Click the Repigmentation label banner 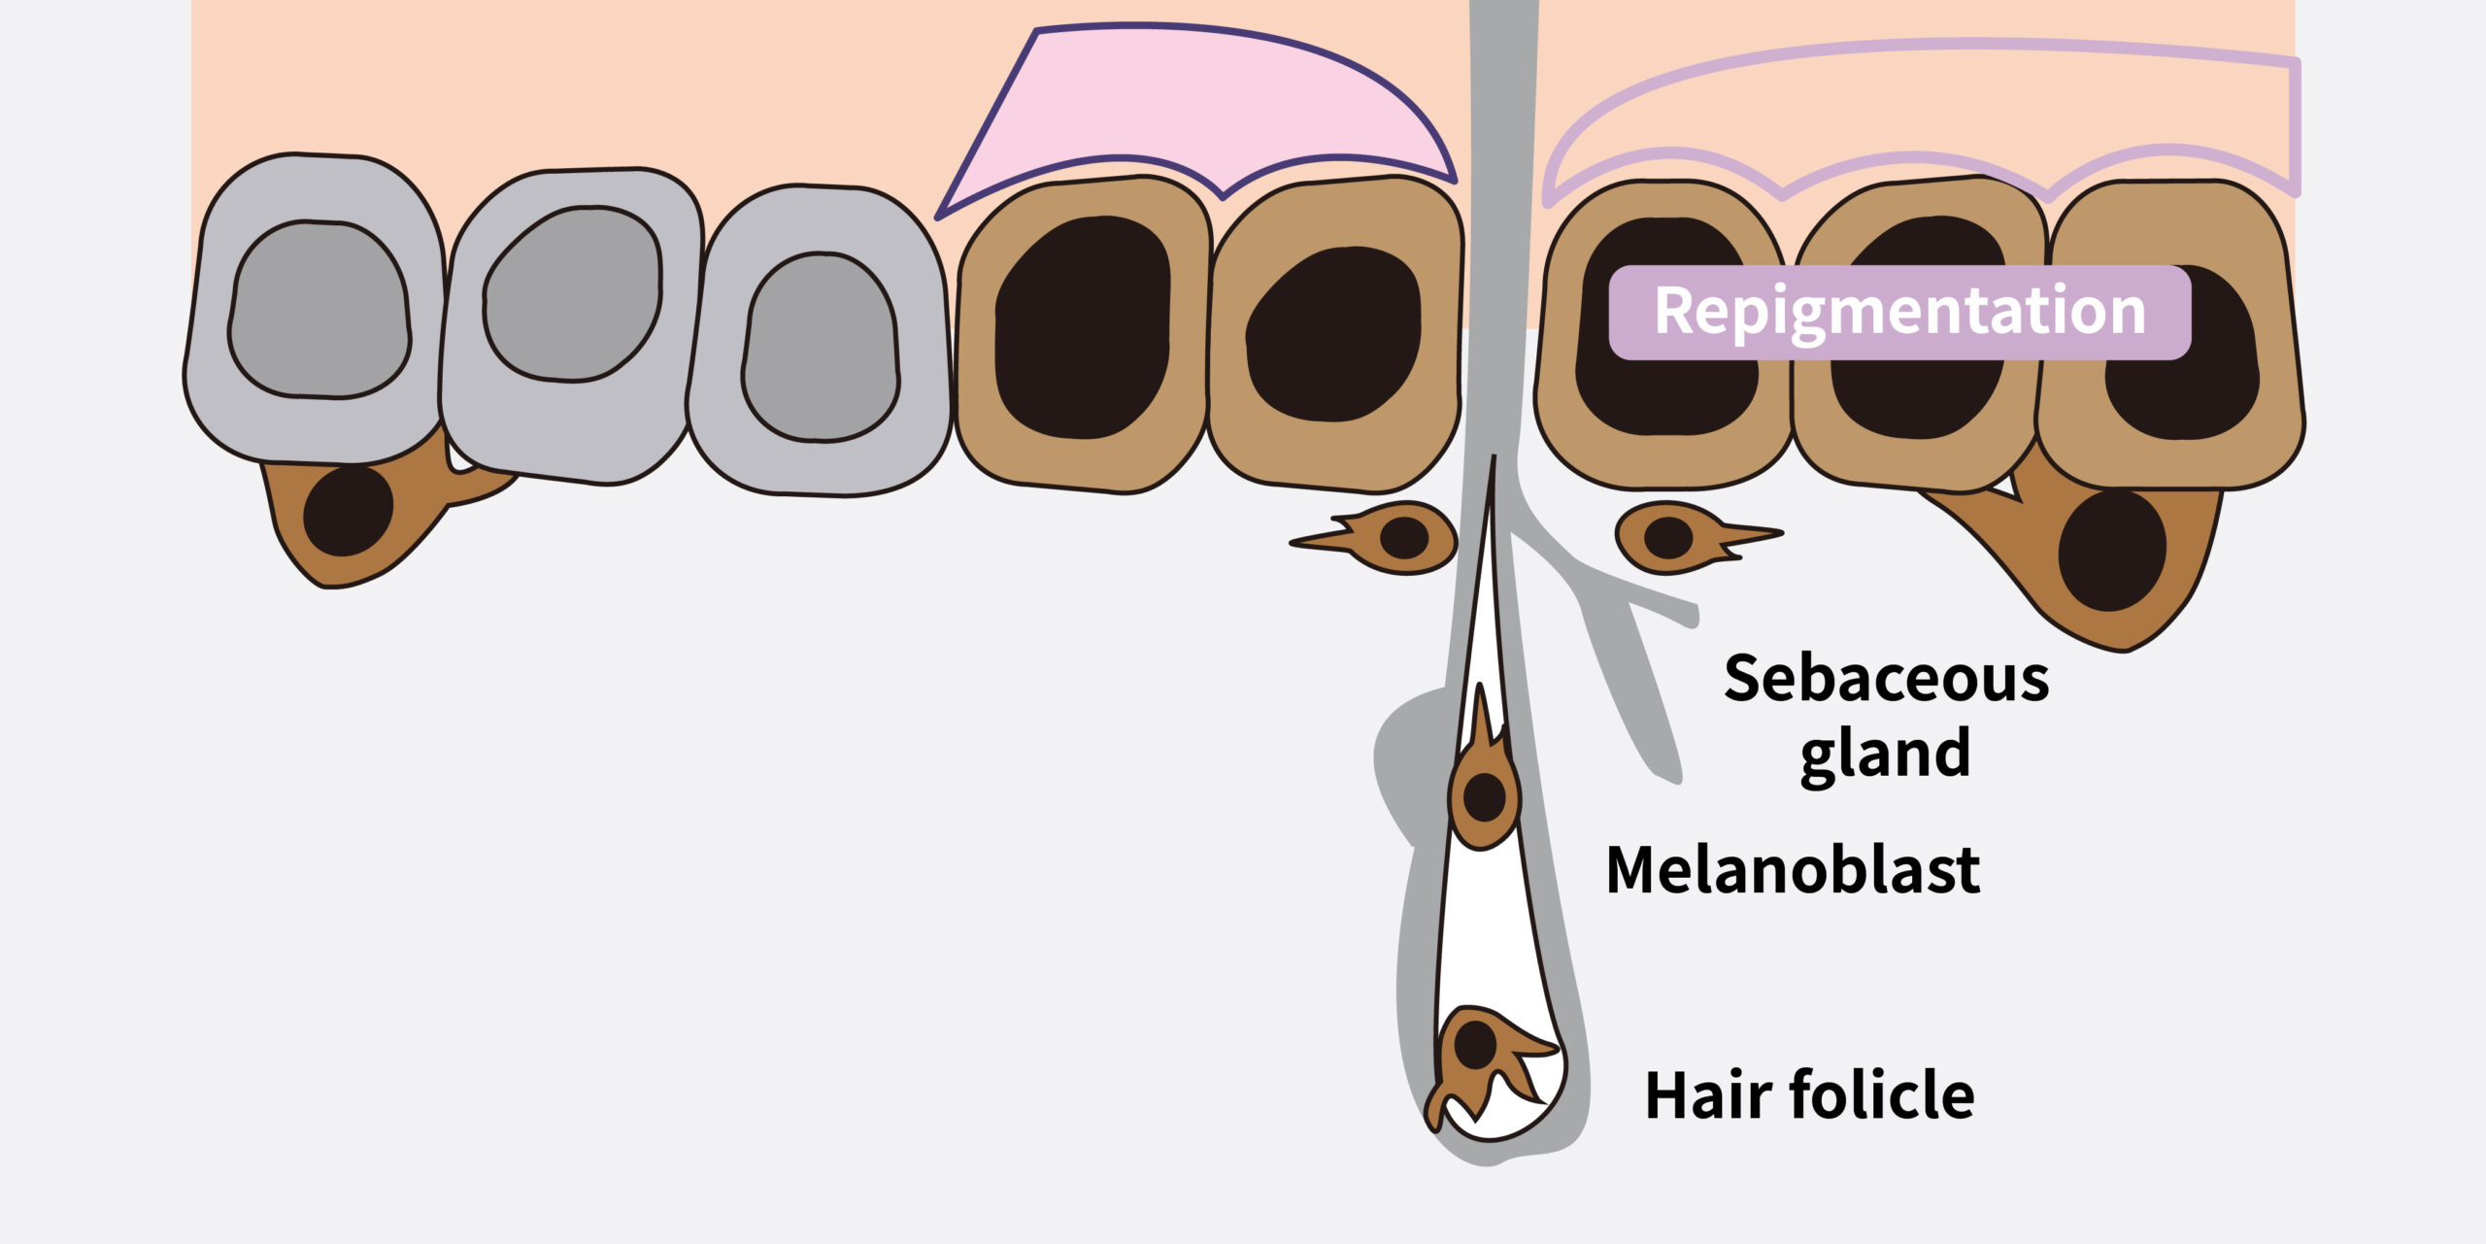pos(1898,312)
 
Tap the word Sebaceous pos(1886,678)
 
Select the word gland pos(1885,755)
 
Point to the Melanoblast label pos(1793,869)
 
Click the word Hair pos(1708,1095)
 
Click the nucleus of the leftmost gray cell pos(319,309)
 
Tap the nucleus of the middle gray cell pos(573,293)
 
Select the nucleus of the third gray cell pos(821,347)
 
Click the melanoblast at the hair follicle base pos(1476,1059)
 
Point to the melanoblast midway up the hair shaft pos(1483,791)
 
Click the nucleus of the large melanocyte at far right pos(2111,552)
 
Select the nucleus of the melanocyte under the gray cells pos(348,511)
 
